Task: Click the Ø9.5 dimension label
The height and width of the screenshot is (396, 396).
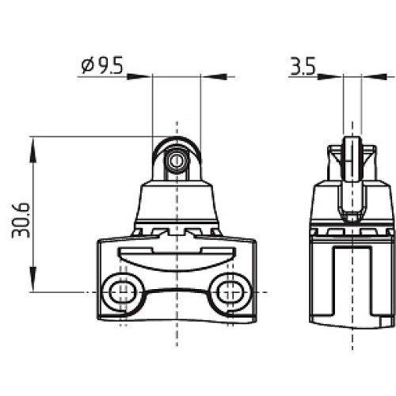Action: (102, 65)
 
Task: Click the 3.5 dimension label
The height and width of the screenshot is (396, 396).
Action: (303, 66)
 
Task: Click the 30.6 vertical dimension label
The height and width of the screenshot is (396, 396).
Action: (21, 220)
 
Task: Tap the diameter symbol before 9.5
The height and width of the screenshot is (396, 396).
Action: (87, 66)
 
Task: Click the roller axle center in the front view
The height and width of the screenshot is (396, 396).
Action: (177, 160)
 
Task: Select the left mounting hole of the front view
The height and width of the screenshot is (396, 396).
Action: (123, 292)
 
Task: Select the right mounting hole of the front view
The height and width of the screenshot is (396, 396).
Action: (230, 292)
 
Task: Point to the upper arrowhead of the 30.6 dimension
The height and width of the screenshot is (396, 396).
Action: (32, 149)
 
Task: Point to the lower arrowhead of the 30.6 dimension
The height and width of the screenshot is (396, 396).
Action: (32, 280)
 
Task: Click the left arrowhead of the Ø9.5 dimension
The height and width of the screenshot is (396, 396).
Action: (139, 77)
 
